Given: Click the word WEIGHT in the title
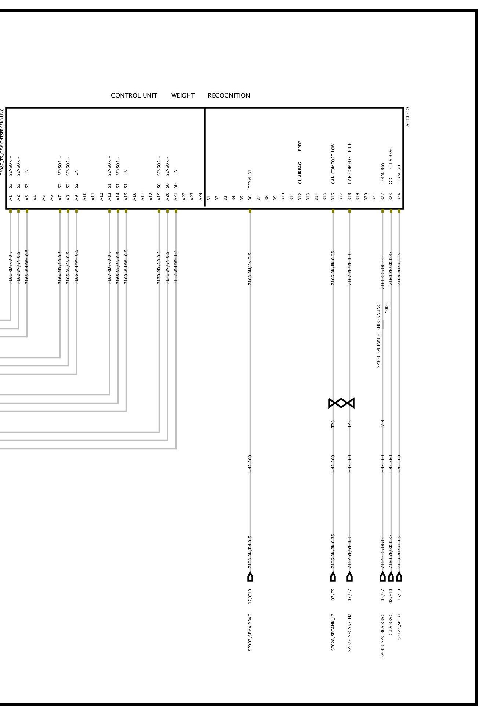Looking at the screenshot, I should (182, 96).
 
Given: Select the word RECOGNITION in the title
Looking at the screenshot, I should (229, 96).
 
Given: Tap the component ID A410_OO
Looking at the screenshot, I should (407, 117).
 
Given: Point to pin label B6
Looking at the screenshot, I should (250, 198).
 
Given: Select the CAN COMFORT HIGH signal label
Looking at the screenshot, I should (349, 163).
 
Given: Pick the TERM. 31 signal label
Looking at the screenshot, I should (250, 179).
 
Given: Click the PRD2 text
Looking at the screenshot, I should (300, 146).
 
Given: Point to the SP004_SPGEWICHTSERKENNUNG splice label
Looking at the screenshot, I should (378, 336).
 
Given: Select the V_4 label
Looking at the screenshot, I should (382, 423).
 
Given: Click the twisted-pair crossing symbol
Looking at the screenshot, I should (341, 403).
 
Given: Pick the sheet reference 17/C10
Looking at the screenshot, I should (250, 596).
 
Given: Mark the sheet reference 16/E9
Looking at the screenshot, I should (399, 596).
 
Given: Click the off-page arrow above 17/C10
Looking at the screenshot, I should (250, 577).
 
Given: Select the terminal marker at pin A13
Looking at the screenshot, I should (109, 211).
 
